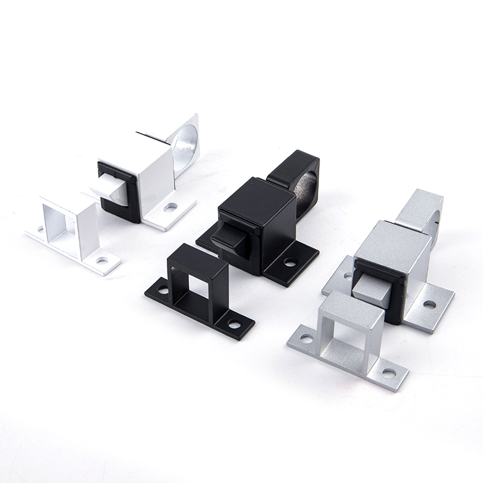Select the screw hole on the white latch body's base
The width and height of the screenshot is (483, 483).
[170, 206]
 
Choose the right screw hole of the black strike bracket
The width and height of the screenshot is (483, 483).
[232, 325]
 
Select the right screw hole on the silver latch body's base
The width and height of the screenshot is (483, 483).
[429, 304]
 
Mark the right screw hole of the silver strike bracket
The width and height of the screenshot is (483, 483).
[386, 373]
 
